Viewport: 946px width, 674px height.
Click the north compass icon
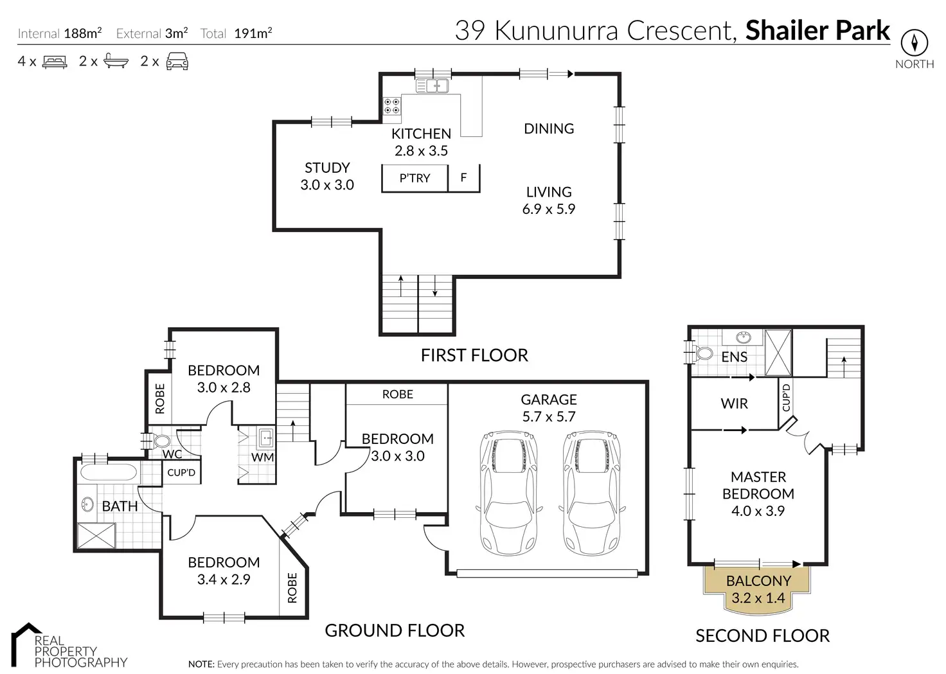tap(914, 42)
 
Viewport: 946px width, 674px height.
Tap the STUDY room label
tap(327, 168)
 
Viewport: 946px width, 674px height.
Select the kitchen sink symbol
tap(431, 85)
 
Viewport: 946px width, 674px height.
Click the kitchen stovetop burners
tap(392, 106)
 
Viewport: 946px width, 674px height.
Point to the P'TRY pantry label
tap(415, 178)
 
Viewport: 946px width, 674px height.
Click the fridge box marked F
tap(463, 177)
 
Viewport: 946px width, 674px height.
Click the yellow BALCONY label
tap(758, 581)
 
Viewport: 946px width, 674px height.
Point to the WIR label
tap(734, 404)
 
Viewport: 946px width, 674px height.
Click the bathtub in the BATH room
tap(108, 474)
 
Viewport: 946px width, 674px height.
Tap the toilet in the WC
tap(161, 441)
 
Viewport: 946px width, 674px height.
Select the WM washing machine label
tap(262, 457)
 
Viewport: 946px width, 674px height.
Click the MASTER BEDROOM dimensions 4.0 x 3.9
tap(758, 511)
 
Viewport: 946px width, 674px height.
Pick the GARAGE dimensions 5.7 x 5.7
tap(548, 416)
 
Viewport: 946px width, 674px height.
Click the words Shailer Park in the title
tap(817, 30)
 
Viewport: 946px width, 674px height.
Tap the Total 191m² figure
tap(253, 33)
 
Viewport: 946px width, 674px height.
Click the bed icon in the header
tap(55, 62)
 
